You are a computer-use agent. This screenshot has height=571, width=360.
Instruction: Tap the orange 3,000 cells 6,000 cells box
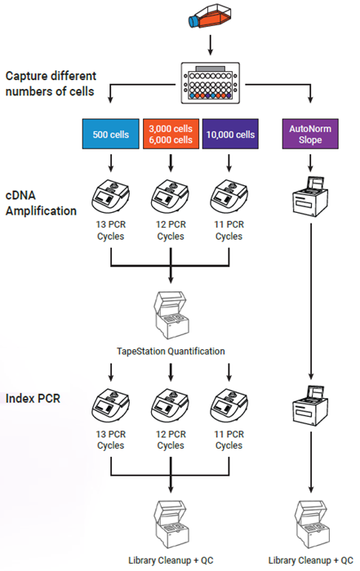click(x=170, y=134)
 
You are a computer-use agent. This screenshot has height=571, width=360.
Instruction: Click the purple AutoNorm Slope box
click(x=311, y=134)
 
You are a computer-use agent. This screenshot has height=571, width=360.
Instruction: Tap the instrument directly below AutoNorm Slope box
click(x=311, y=196)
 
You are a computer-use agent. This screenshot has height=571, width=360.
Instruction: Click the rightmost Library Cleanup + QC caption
click(x=311, y=561)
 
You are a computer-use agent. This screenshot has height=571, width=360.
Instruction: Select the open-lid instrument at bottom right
click(x=311, y=522)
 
